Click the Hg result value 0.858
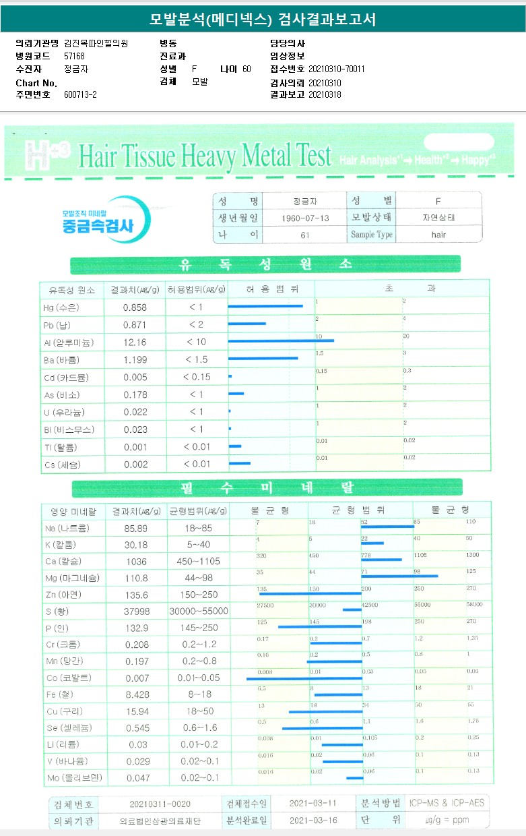click(x=135, y=307)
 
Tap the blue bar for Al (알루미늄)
click(x=281, y=340)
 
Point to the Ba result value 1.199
click(x=135, y=360)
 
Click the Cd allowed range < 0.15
click(x=197, y=378)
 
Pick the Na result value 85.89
click(x=135, y=528)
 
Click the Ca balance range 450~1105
click(x=199, y=561)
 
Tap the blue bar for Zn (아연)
click(x=310, y=593)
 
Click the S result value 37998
click(x=135, y=611)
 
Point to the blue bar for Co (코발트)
click(x=304, y=678)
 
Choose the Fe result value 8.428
click(x=135, y=695)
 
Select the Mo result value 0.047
click(x=135, y=779)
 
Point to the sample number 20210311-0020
click(x=160, y=804)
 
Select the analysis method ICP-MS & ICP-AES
click(x=446, y=803)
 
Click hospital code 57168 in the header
click(x=74, y=56)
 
